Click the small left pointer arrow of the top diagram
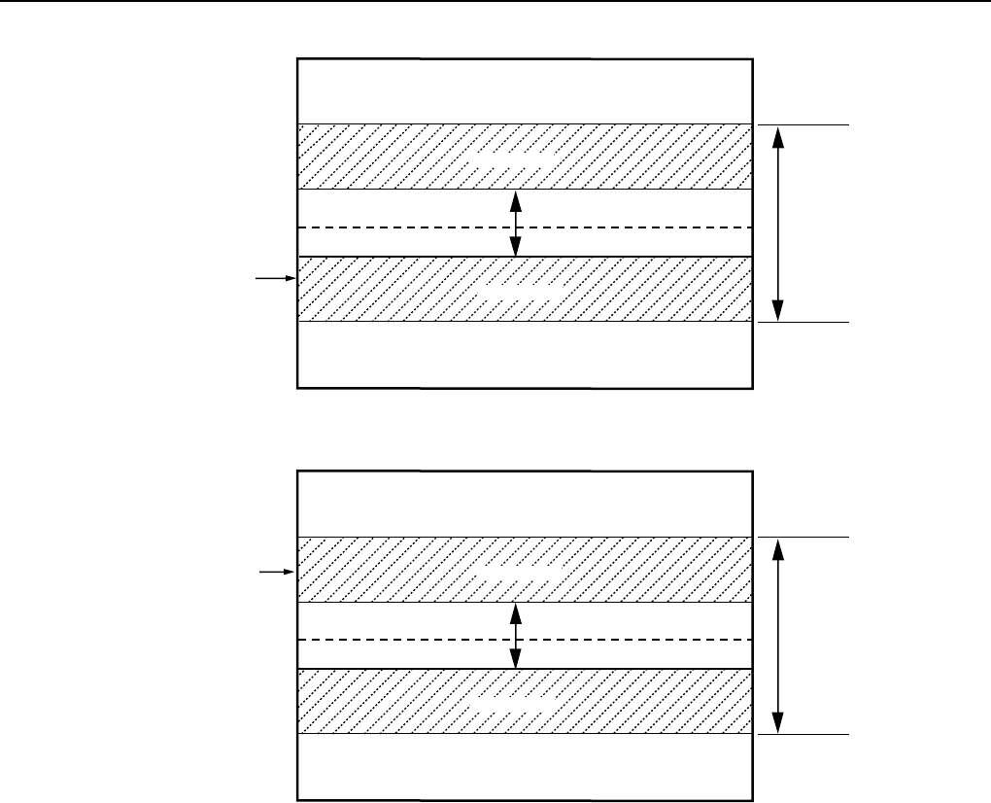[x=274, y=279]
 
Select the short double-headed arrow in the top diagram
[x=516, y=223]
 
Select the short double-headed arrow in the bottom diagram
[x=516, y=636]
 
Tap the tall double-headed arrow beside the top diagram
[x=776, y=224]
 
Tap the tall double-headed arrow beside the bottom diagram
[x=776, y=636]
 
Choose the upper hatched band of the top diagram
[x=369, y=157]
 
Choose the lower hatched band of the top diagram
[x=369, y=289]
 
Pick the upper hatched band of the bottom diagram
[x=369, y=569]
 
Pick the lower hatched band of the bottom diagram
[x=369, y=702]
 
